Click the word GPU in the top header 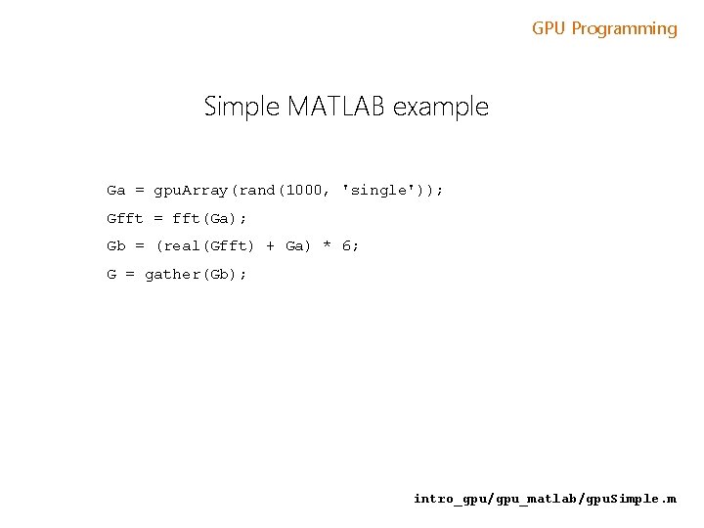[550, 28]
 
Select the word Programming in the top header [624, 28]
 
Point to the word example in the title [440, 107]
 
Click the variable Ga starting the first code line [116, 190]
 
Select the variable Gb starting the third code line [116, 245]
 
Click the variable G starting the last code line [111, 274]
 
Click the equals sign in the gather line [130, 274]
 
